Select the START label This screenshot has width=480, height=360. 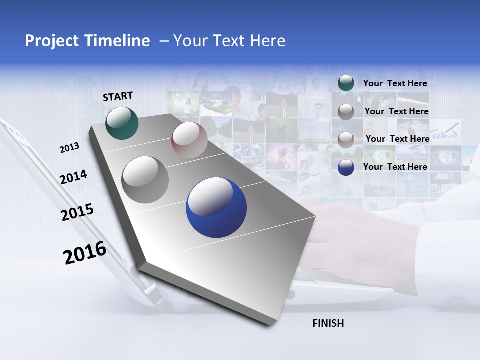tap(118, 96)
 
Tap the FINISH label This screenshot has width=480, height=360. tap(328, 323)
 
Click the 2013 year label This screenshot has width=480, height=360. tap(69, 148)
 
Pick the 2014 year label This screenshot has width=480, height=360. tap(73, 177)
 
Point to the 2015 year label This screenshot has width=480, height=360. tap(77, 213)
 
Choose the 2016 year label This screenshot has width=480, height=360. tap(85, 253)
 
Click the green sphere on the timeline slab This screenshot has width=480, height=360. tap(122, 123)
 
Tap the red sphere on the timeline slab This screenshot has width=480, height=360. tap(189, 140)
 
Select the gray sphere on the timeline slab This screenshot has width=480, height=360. tap(145, 180)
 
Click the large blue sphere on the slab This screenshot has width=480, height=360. tap(216, 207)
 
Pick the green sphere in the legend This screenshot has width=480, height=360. tap(346, 83)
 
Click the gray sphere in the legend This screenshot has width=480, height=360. tap(346, 111)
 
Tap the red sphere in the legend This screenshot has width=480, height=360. tap(346, 139)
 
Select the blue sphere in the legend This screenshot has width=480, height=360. tap(346, 167)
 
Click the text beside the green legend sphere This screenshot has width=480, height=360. tap(395, 83)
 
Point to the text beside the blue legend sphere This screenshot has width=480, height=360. tap(395, 167)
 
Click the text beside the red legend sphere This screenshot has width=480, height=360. tap(397, 139)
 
